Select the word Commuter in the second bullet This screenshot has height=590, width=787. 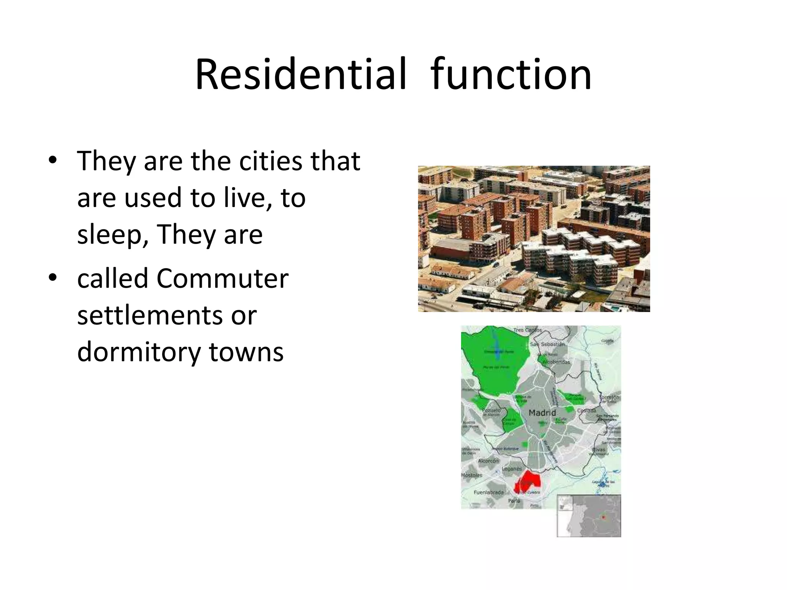point(222,278)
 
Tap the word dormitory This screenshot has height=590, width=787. point(139,352)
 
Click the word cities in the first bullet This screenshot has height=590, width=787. point(271,161)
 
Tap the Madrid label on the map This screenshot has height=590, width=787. point(542,413)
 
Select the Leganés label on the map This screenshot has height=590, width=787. point(512,469)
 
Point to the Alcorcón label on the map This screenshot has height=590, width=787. point(488,461)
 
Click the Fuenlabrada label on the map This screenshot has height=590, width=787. point(488,492)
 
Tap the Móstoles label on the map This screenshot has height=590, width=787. point(472,476)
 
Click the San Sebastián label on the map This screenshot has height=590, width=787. point(547,345)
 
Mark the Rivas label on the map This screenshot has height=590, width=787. point(598,449)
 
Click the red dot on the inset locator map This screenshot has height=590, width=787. point(603,518)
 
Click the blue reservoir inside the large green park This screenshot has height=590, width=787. point(497,351)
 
